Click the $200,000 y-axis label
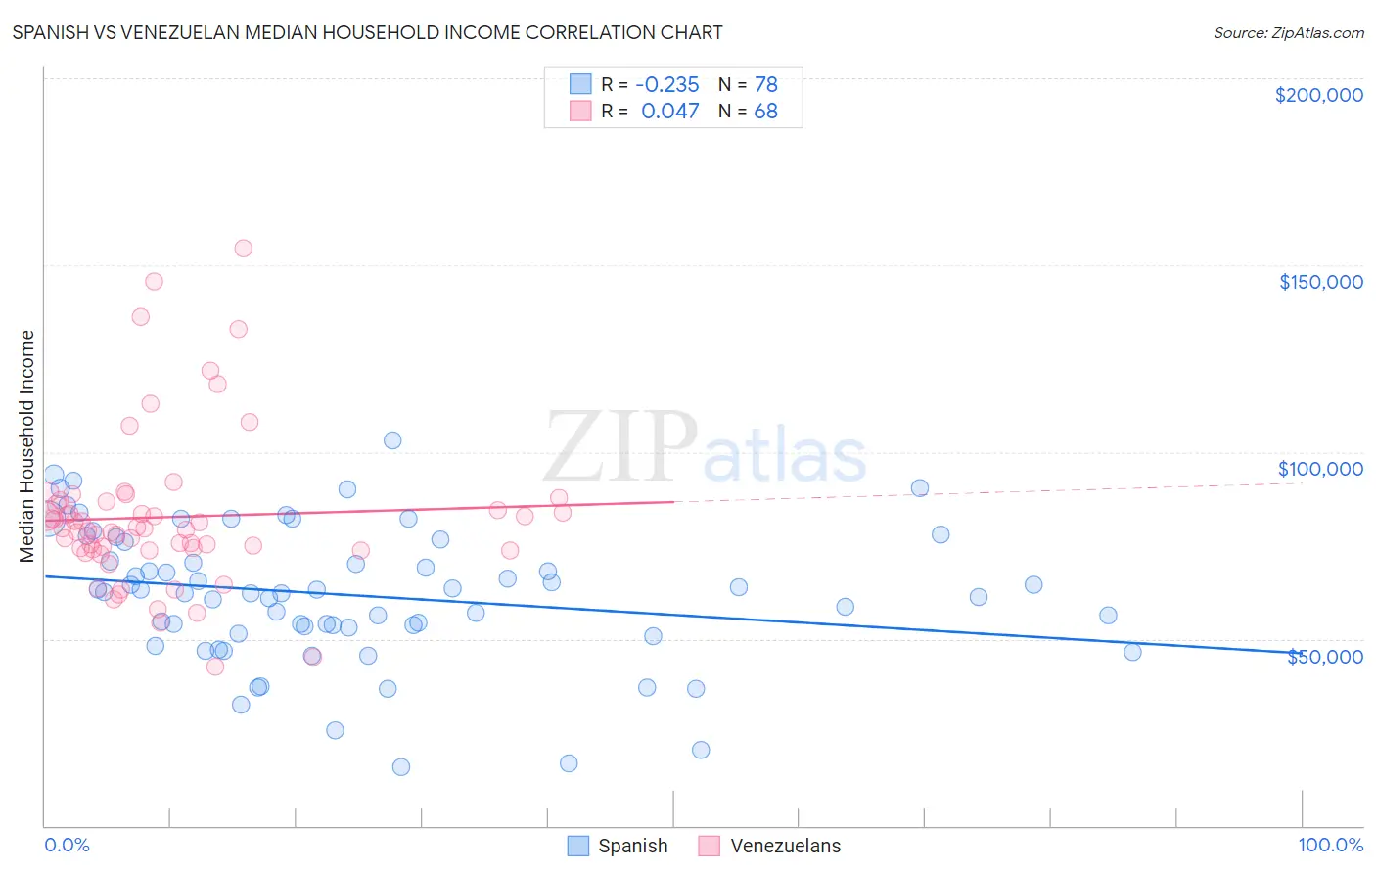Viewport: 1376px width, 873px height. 1318,95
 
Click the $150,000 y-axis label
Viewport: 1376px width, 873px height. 1320,282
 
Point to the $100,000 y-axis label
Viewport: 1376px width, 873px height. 1320,469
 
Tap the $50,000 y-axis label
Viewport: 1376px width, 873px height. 1324,657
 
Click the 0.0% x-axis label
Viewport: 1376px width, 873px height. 67,845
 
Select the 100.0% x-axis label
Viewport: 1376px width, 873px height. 1330,845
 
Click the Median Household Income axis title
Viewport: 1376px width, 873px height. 26,446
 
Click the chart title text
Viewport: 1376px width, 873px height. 367,32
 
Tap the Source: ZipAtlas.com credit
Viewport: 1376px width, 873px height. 1288,32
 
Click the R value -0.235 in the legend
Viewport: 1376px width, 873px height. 666,84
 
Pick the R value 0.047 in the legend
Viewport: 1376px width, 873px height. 669,111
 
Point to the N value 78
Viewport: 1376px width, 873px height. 765,84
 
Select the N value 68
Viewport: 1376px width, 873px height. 765,111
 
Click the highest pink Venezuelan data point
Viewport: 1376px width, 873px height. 243,249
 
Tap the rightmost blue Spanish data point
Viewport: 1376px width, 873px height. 1132,652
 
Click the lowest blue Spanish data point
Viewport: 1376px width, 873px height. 400,767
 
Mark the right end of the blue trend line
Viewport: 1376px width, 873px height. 1302,653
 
